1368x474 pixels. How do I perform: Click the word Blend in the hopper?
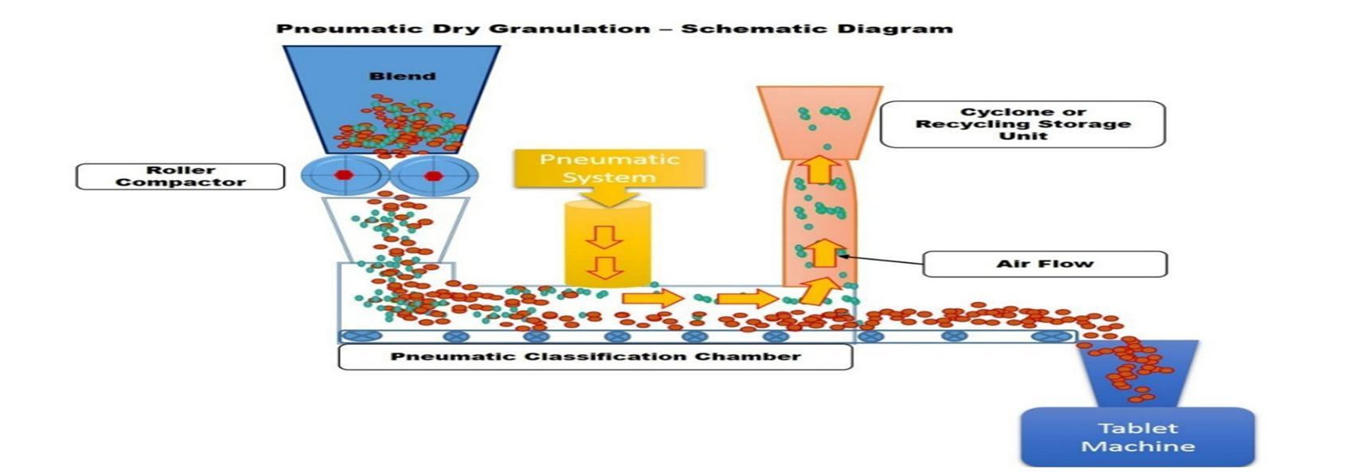[402, 76]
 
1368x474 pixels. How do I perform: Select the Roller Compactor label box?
[180, 176]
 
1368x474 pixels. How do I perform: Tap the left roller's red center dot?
[343, 175]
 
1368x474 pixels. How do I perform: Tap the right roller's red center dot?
[433, 175]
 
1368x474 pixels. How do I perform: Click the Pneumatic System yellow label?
[609, 168]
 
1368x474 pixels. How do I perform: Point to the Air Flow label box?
[1045, 264]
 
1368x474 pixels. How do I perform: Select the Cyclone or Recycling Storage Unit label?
[1022, 123]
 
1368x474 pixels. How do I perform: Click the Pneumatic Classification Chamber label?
[595, 356]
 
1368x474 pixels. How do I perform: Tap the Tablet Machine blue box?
[1137, 437]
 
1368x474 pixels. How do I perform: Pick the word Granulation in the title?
[570, 29]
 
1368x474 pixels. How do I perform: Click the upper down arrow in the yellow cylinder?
[605, 237]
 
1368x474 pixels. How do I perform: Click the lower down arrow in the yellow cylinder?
[605, 268]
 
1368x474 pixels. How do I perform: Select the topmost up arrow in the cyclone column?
[820, 169]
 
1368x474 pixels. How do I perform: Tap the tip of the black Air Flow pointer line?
[839, 255]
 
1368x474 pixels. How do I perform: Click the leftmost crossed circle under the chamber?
[360, 336]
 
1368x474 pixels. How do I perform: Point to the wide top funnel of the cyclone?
[820, 119]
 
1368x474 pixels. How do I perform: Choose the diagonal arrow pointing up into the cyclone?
[815, 291]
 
